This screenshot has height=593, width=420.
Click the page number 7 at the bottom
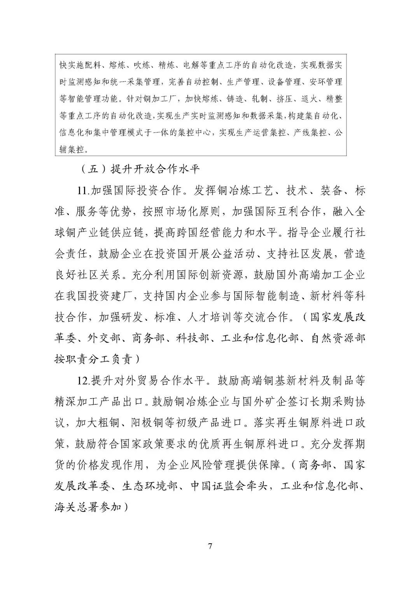coord(210,546)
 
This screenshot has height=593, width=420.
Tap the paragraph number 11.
coord(83,191)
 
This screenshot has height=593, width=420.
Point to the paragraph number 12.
coord(83,381)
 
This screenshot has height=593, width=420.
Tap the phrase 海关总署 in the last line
coord(77,507)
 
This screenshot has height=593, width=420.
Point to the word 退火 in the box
coord(310,99)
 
